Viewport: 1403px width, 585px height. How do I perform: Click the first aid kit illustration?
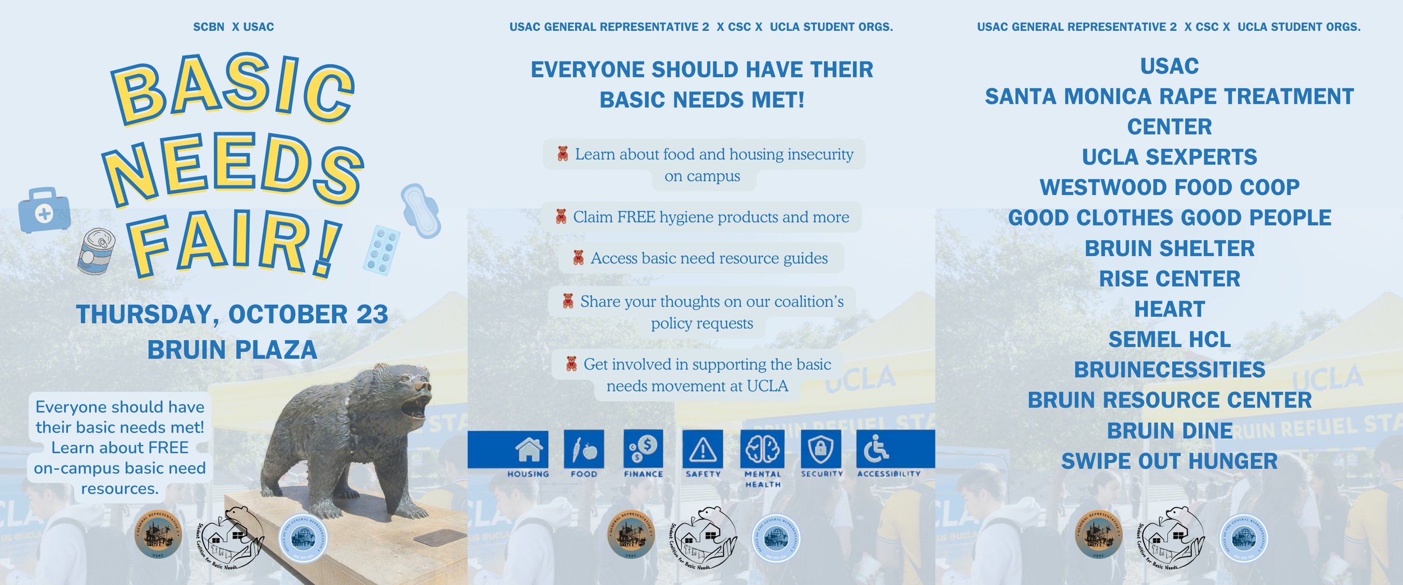(44, 210)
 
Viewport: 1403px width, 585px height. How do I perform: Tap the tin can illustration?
(97, 251)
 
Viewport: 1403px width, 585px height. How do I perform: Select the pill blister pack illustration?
(382, 250)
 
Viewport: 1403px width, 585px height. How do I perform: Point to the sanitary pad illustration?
(420, 211)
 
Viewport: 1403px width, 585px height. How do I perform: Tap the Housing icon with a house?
(529, 449)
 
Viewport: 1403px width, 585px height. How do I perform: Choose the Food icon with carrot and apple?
(584, 449)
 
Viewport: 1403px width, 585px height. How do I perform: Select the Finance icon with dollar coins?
(643, 449)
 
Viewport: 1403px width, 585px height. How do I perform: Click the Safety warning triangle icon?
(703, 449)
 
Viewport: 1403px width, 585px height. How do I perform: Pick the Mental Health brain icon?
(762, 449)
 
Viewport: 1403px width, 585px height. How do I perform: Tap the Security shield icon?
(821, 449)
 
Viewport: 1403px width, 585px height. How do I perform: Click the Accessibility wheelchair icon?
(875, 449)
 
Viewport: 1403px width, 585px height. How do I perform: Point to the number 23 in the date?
(372, 314)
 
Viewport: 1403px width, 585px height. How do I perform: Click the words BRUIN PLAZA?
(232, 350)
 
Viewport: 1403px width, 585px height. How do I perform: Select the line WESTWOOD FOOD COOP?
(1169, 188)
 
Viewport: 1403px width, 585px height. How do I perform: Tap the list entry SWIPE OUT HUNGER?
(1169, 461)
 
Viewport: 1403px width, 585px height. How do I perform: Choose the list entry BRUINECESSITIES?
(1169, 370)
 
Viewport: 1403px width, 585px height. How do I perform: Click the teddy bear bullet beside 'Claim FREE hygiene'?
(561, 217)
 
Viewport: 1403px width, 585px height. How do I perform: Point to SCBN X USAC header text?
(233, 27)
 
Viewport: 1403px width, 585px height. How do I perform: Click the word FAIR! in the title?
(233, 244)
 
